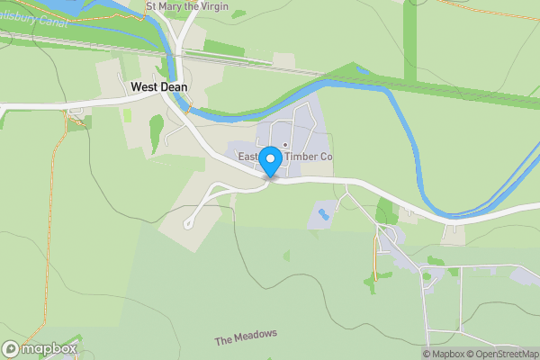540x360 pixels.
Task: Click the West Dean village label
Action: pos(159,87)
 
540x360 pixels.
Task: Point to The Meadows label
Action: pos(246,337)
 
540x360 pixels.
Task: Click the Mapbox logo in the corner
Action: pos(40,349)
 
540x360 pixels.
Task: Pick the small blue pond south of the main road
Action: pos(323,214)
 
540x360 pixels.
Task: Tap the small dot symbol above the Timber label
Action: pos(285,145)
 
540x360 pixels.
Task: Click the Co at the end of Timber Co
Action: pos(327,157)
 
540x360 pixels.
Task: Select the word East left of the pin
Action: pos(248,157)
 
